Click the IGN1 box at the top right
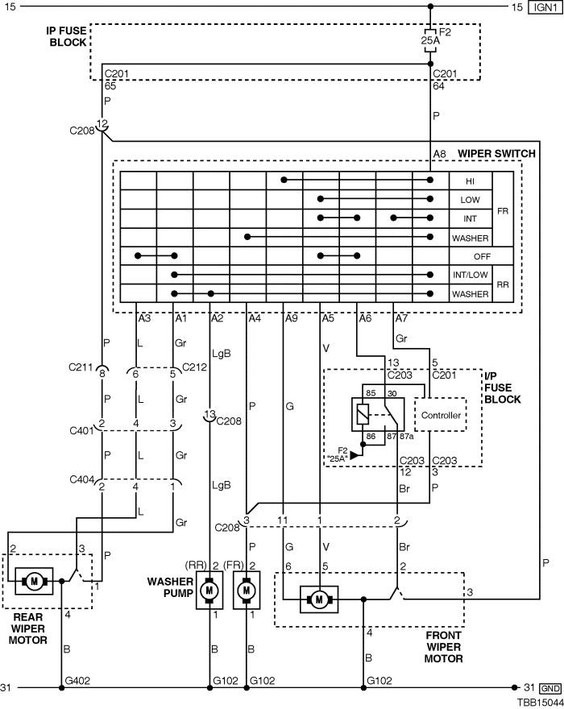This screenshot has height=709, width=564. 545,7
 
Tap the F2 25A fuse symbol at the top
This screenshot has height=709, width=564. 430,40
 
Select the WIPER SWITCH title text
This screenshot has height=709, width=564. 496,154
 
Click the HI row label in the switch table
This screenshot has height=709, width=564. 470,181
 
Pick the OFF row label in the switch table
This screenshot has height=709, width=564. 482,256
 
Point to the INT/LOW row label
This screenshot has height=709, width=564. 471,275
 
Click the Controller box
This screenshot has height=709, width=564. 441,415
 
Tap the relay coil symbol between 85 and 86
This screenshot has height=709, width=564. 363,414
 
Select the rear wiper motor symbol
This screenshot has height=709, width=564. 34,581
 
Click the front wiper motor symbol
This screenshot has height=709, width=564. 319,599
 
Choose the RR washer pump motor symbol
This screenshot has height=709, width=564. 209,590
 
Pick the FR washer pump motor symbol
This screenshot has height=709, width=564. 247,590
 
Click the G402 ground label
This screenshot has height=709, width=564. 78,681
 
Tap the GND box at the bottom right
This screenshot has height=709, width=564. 550,688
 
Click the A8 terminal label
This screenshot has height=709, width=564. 440,154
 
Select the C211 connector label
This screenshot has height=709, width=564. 81,367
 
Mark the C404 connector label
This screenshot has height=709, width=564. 81,479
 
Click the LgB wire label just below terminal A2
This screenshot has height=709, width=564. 221,353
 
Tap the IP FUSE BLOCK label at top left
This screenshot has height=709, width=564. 67,36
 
